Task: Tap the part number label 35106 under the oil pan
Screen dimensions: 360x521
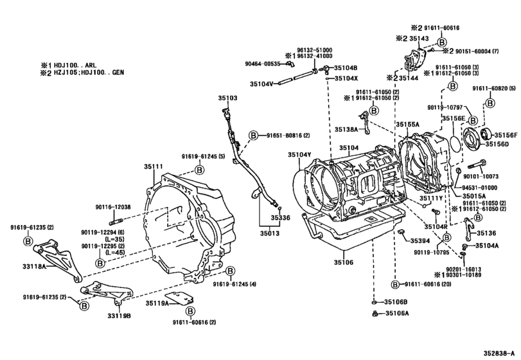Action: pyautogui.click(x=343, y=262)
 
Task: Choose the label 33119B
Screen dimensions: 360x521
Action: pyautogui.click(x=119, y=315)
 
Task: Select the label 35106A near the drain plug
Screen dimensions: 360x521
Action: pyautogui.click(x=397, y=313)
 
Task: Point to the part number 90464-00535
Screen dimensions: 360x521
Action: pyautogui.click(x=263, y=64)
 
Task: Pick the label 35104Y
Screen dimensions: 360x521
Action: pyautogui.click(x=299, y=155)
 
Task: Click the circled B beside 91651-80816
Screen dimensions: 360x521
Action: pyautogui.click(x=253, y=136)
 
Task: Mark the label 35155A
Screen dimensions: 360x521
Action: pyautogui.click(x=407, y=124)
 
